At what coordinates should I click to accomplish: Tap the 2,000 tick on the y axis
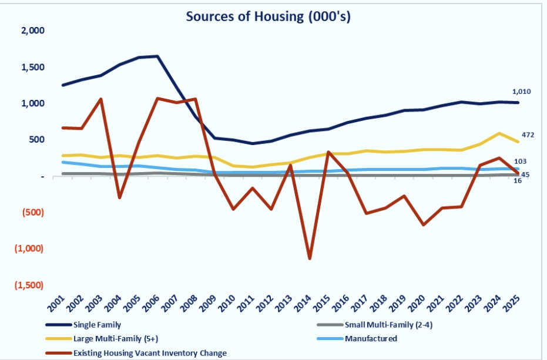point(32,31)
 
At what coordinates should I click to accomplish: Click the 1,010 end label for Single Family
point(522,92)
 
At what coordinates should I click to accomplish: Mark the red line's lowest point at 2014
point(309,258)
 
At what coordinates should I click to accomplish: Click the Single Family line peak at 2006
point(157,56)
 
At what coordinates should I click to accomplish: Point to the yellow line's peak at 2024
point(499,133)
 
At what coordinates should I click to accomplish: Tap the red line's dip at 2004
point(119,197)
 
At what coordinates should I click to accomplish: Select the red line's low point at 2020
point(423,225)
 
